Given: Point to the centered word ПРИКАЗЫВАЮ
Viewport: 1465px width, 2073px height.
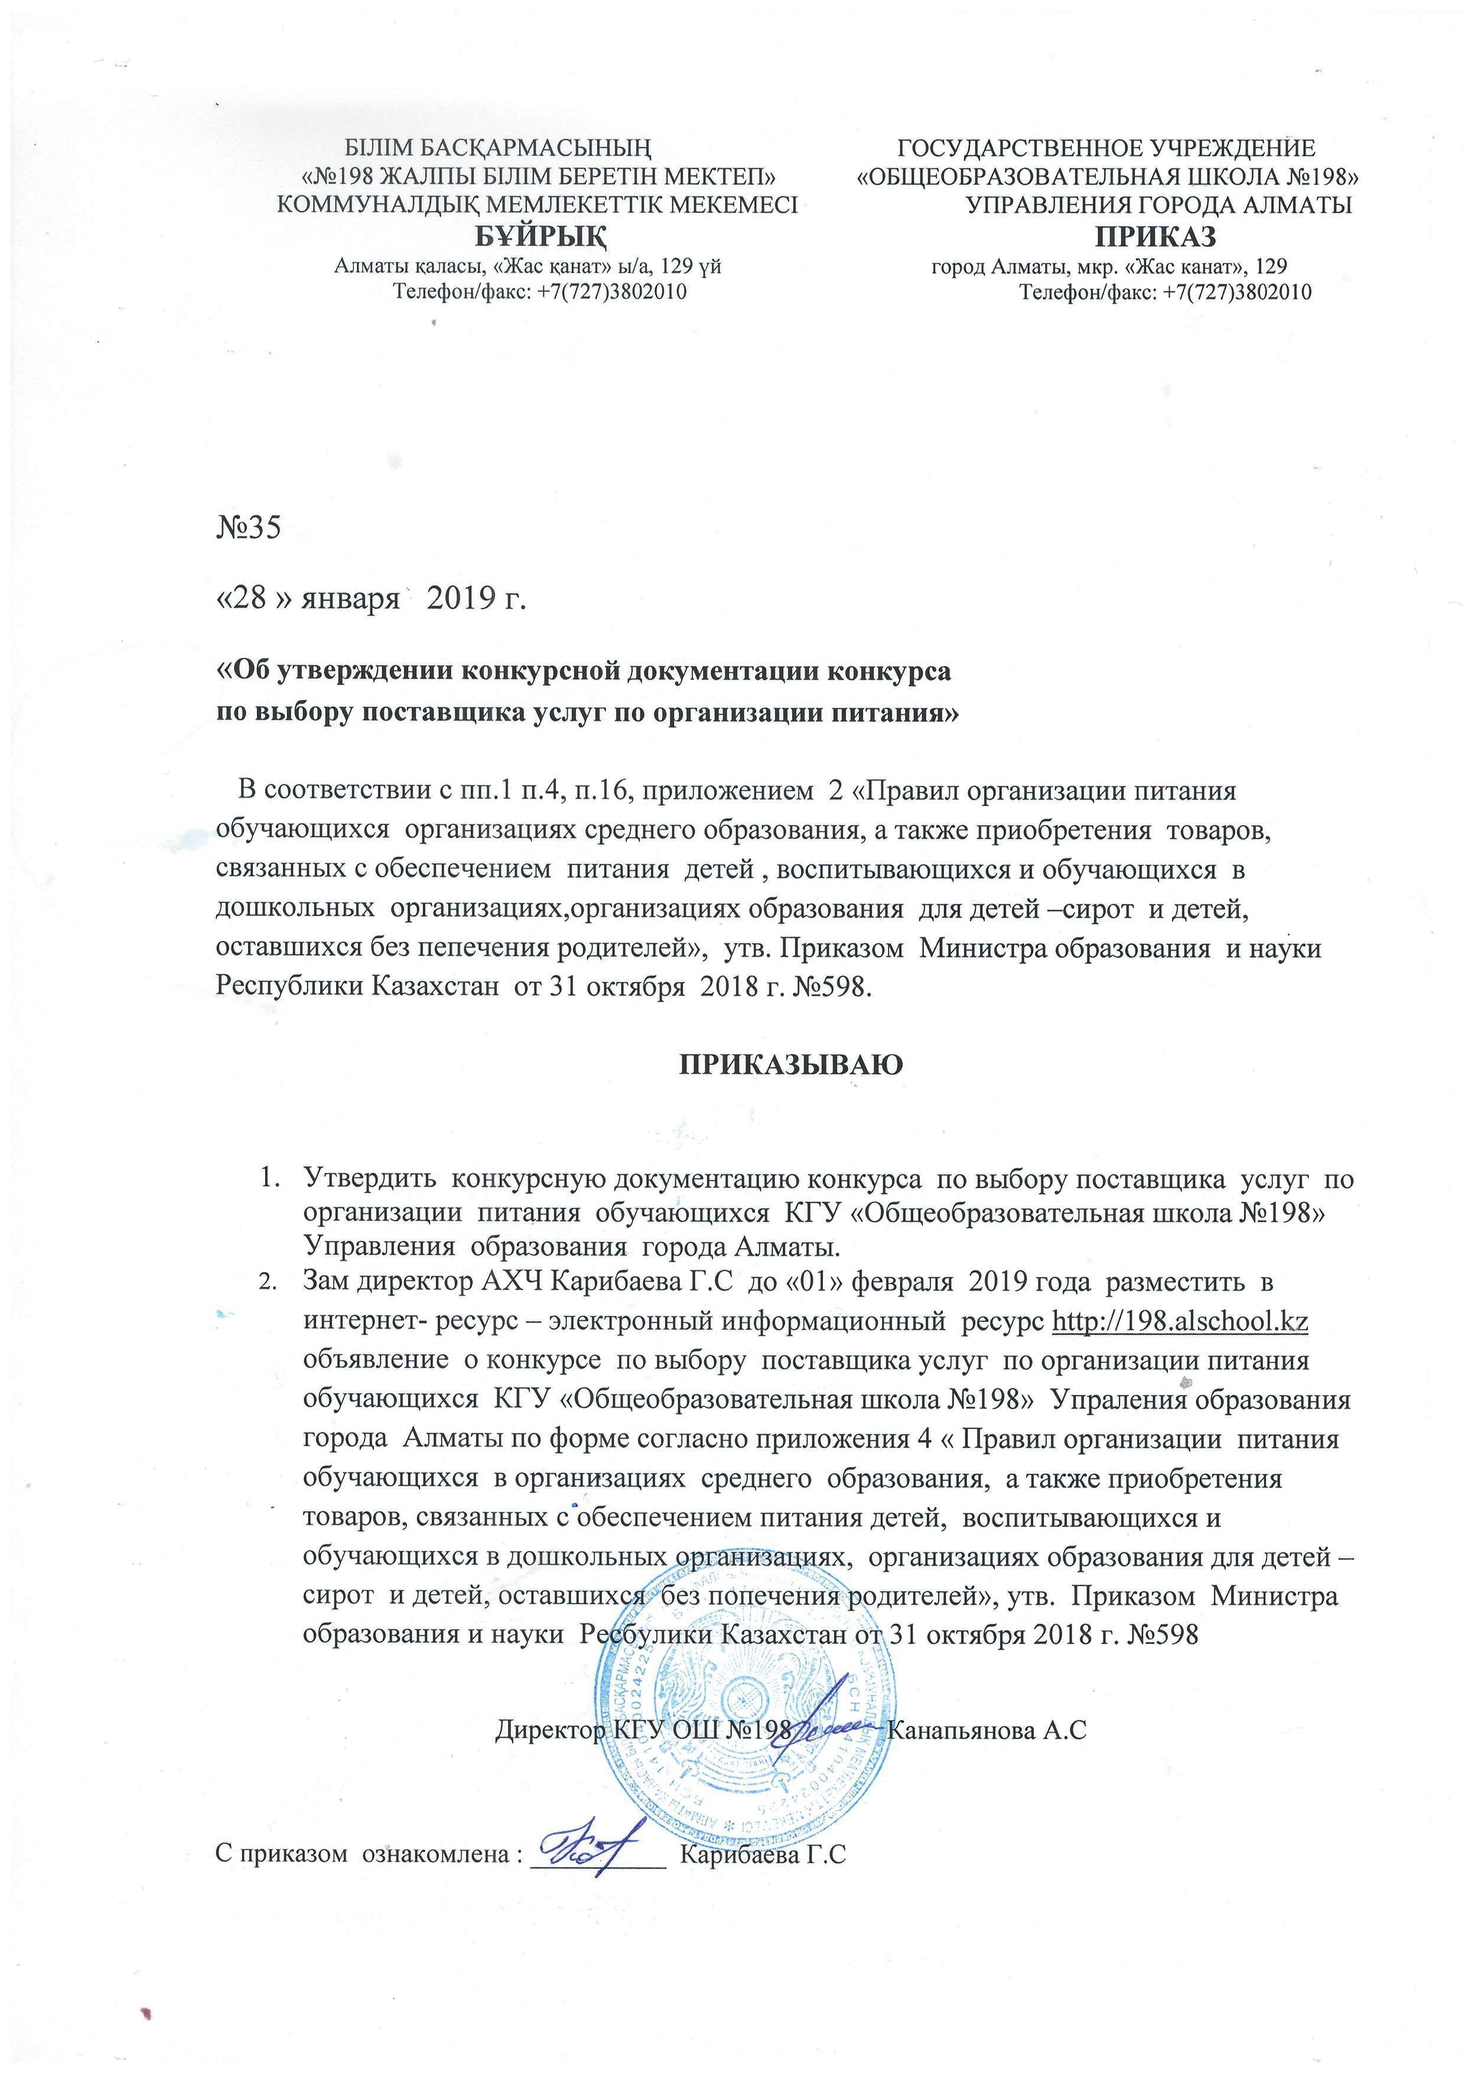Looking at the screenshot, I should tap(791, 1064).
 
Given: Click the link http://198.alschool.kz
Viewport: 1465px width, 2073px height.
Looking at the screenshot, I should tap(1181, 1321).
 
